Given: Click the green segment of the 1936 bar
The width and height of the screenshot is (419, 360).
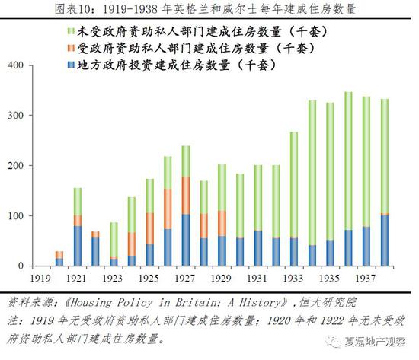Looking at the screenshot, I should click(349, 160).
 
